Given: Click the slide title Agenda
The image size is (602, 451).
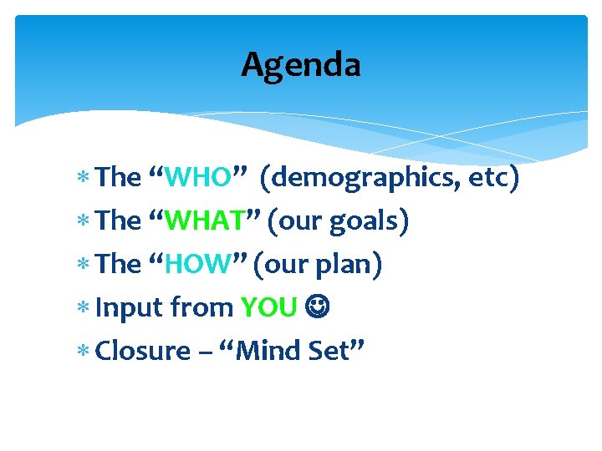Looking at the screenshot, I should pyautogui.click(x=301, y=64).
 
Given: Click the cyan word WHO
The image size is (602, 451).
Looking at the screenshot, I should pyautogui.click(x=197, y=177).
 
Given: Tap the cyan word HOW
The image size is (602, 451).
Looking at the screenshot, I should pyautogui.click(x=197, y=264).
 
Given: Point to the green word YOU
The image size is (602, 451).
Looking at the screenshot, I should pyautogui.click(x=268, y=307).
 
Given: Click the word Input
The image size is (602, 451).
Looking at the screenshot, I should pyautogui.click(x=130, y=308).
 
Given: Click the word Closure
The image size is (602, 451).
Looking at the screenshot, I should pyautogui.click(x=143, y=351).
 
